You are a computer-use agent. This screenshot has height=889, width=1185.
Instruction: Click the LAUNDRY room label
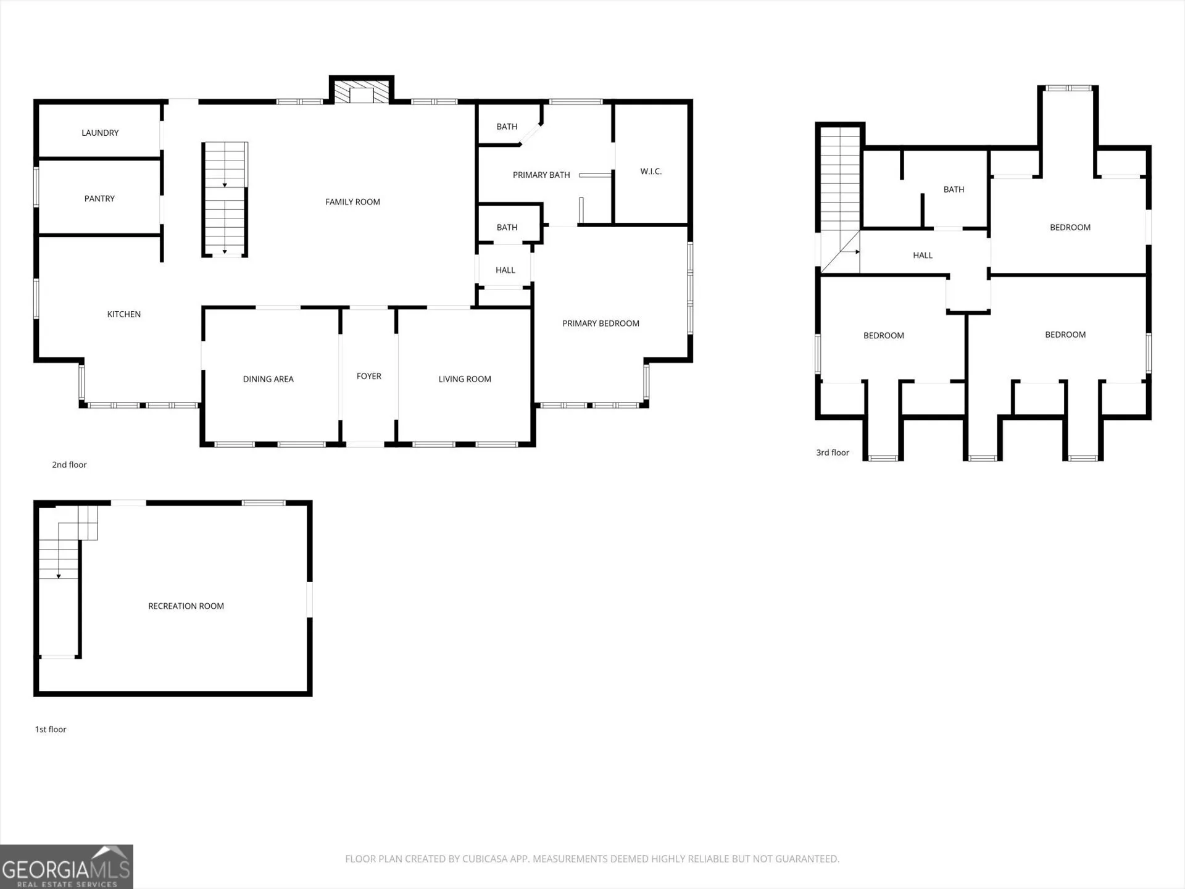tap(100, 133)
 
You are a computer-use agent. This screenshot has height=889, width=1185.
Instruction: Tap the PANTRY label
tap(99, 199)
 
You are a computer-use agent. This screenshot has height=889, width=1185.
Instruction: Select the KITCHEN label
tap(124, 314)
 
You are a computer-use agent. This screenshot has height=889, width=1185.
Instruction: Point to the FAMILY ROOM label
tap(352, 202)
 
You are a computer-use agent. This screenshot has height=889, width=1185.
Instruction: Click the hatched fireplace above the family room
tap(362, 92)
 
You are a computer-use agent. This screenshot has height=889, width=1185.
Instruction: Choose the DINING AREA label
tap(268, 379)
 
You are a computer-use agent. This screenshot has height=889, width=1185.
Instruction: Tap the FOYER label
tap(369, 376)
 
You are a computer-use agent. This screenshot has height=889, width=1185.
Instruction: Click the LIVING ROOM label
tap(465, 379)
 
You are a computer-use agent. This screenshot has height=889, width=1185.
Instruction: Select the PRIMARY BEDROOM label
tap(601, 323)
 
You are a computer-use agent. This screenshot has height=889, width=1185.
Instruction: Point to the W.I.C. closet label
tap(651, 172)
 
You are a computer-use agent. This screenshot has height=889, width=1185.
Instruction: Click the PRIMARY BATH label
tap(541, 175)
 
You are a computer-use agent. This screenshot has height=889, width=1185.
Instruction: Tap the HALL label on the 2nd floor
tap(505, 270)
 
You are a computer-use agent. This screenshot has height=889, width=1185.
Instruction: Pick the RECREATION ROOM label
tap(186, 606)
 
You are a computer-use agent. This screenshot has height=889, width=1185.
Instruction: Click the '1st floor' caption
tap(51, 729)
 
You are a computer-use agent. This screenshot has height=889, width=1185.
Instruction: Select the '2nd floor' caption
tap(69, 465)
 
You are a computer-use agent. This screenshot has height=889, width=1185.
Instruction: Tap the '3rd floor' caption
tap(833, 453)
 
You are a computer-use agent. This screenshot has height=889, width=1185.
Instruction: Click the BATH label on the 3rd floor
tap(954, 190)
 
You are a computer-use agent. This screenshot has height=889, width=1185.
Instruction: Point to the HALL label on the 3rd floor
tap(923, 256)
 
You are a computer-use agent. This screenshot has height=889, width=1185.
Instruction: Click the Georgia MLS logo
tap(67, 867)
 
